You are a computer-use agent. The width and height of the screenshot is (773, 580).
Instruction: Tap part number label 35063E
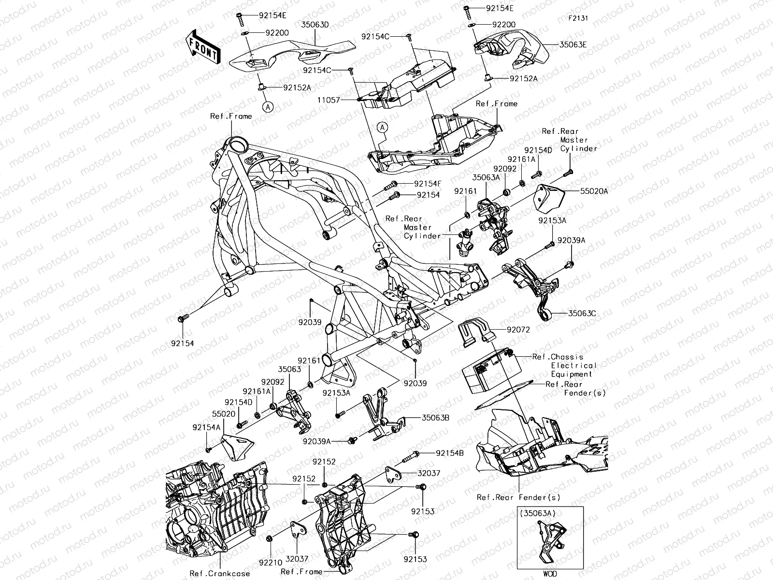tap(573, 44)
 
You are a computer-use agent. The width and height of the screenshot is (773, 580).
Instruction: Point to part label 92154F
tap(428, 184)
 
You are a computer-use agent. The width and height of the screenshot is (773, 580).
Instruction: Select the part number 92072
tap(518, 330)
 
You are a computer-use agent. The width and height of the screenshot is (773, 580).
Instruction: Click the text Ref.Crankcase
tap(220, 573)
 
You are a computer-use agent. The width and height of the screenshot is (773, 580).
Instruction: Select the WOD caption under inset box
tap(550, 574)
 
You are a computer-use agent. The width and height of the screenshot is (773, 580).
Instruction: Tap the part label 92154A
tap(206, 427)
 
